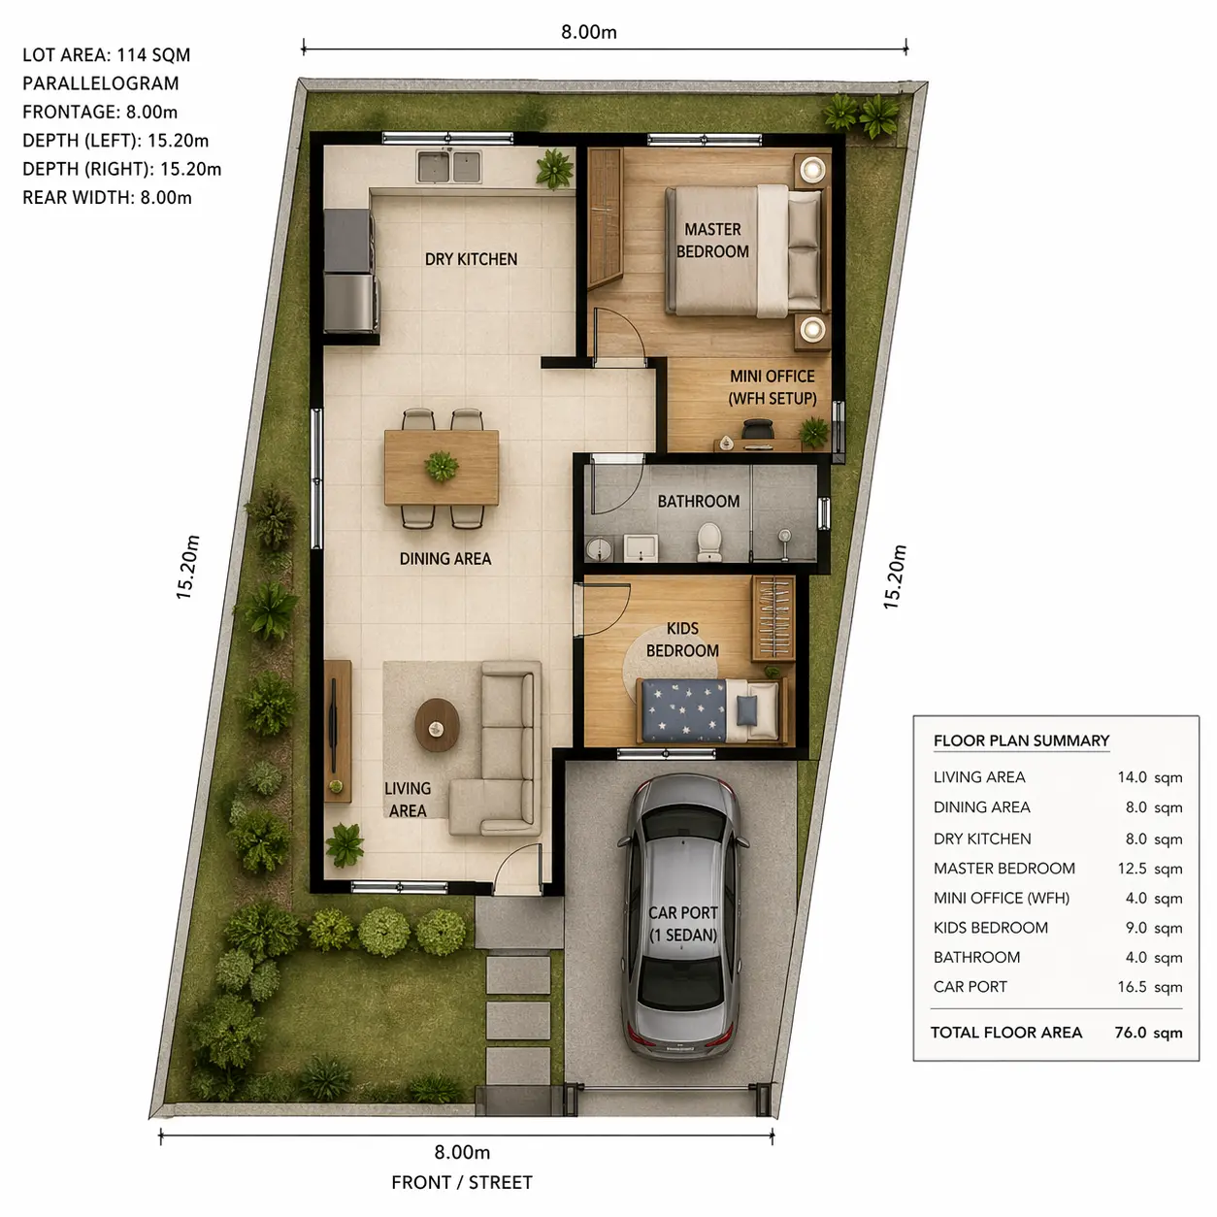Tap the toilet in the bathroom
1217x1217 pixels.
tap(708, 542)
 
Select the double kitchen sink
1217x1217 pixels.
tap(449, 167)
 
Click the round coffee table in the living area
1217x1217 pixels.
tap(437, 724)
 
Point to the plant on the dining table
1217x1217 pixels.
tap(441, 466)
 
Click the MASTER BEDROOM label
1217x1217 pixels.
tap(712, 240)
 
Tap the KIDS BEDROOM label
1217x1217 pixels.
tap(682, 640)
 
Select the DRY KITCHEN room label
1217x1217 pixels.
tap(471, 259)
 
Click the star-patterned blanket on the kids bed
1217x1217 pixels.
tap(682, 709)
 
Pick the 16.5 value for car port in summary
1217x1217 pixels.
tap(1132, 986)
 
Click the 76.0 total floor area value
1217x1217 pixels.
tap(1130, 1033)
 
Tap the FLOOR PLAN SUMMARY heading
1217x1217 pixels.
tap(1021, 740)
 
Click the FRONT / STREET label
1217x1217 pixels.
tap(462, 1182)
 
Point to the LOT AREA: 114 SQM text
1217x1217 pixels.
tap(106, 55)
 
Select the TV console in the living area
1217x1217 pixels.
tap(338, 731)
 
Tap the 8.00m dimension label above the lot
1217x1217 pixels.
tap(589, 32)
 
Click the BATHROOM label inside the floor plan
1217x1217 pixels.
tap(698, 502)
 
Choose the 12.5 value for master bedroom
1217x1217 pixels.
tap(1132, 869)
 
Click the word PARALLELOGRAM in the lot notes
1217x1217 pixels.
tap(100, 83)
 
